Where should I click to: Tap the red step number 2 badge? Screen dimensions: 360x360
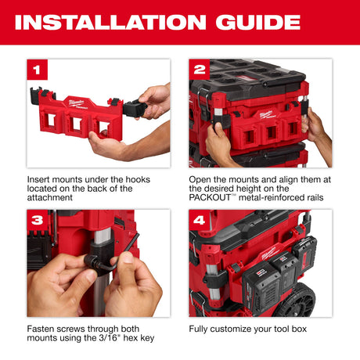point(200,70)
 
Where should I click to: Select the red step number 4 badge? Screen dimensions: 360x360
point(200,220)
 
